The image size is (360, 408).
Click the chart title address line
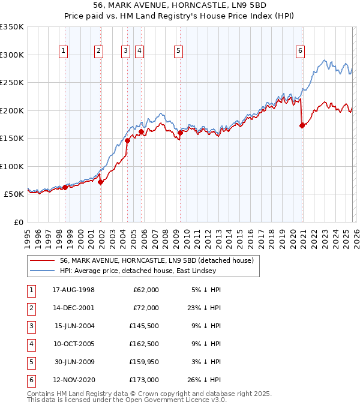pos(180,5)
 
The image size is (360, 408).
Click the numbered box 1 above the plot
pos(63,51)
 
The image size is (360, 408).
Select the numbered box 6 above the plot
pos(299,51)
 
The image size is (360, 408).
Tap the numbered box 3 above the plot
pos(126,51)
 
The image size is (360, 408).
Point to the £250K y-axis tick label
pos(12,83)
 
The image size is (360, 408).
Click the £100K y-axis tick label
pos(12,166)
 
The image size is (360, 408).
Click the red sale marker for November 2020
pos(302,125)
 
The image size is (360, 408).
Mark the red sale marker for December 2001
pos(101,182)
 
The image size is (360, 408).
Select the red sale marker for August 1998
pos(65,187)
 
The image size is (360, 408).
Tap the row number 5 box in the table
pos(30,361)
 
